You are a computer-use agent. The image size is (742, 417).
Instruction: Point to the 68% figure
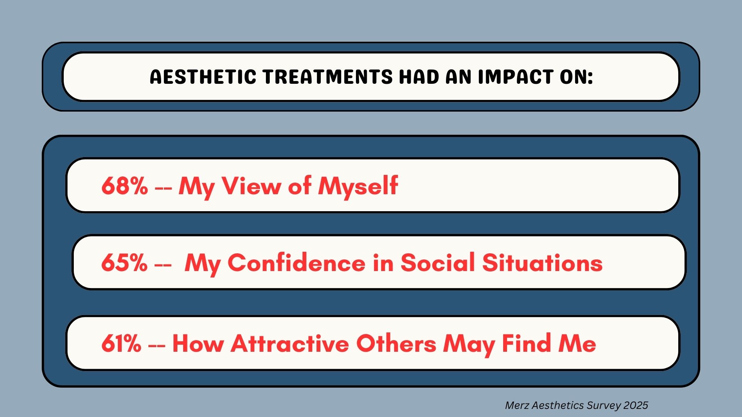pos(124,186)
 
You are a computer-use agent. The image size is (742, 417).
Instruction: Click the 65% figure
pos(124,263)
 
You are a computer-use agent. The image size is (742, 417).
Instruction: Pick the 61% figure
pos(121,343)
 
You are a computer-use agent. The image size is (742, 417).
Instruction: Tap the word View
pos(251,186)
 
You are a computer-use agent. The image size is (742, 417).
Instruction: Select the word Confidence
pos(296,263)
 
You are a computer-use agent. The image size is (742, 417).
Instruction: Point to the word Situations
pos(542,263)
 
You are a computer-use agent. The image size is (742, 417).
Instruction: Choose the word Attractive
pos(290,343)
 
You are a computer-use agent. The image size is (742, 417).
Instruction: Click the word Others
pos(396,343)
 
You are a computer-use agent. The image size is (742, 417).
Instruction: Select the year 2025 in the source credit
pos(635,405)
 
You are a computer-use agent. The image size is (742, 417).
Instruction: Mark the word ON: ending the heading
pos(576,77)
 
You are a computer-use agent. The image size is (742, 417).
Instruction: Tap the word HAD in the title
pos(419,77)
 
